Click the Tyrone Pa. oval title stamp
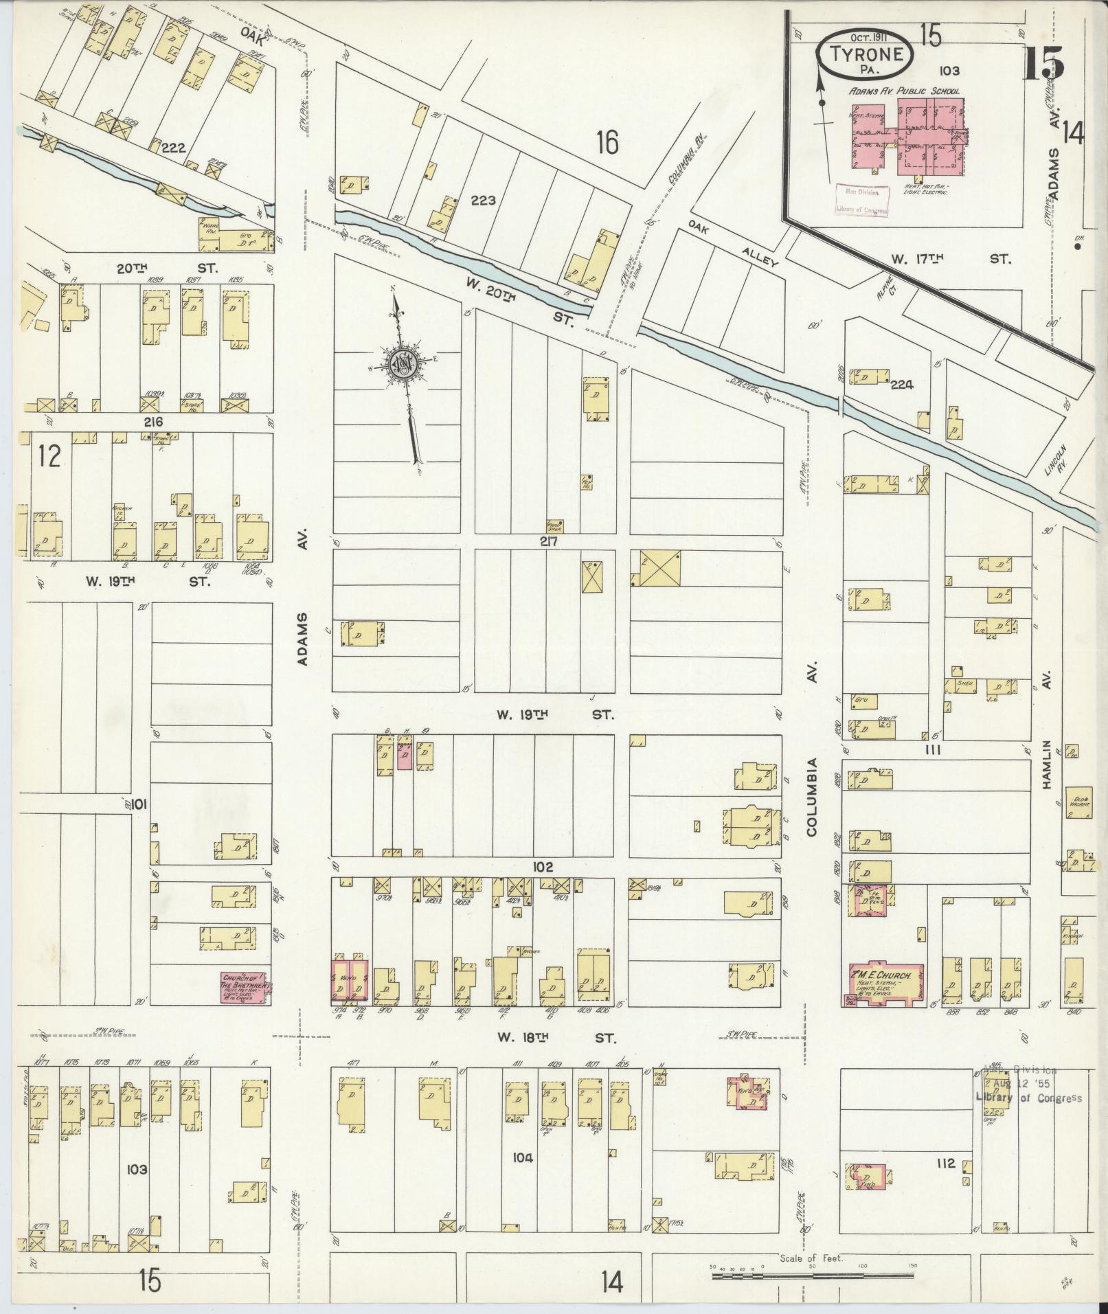pyautogui.click(x=866, y=55)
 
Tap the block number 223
pyautogui.click(x=483, y=201)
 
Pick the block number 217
pyautogui.click(x=547, y=542)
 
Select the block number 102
pyautogui.click(x=542, y=868)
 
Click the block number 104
pyautogui.click(x=522, y=1157)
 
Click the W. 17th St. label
pyautogui.click(x=950, y=259)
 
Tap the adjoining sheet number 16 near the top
pyautogui.click(x=607, y=143)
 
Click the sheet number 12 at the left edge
pyautogui.click(x=50, y=455)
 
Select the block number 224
pyautogui.click(x=901, y=385)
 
